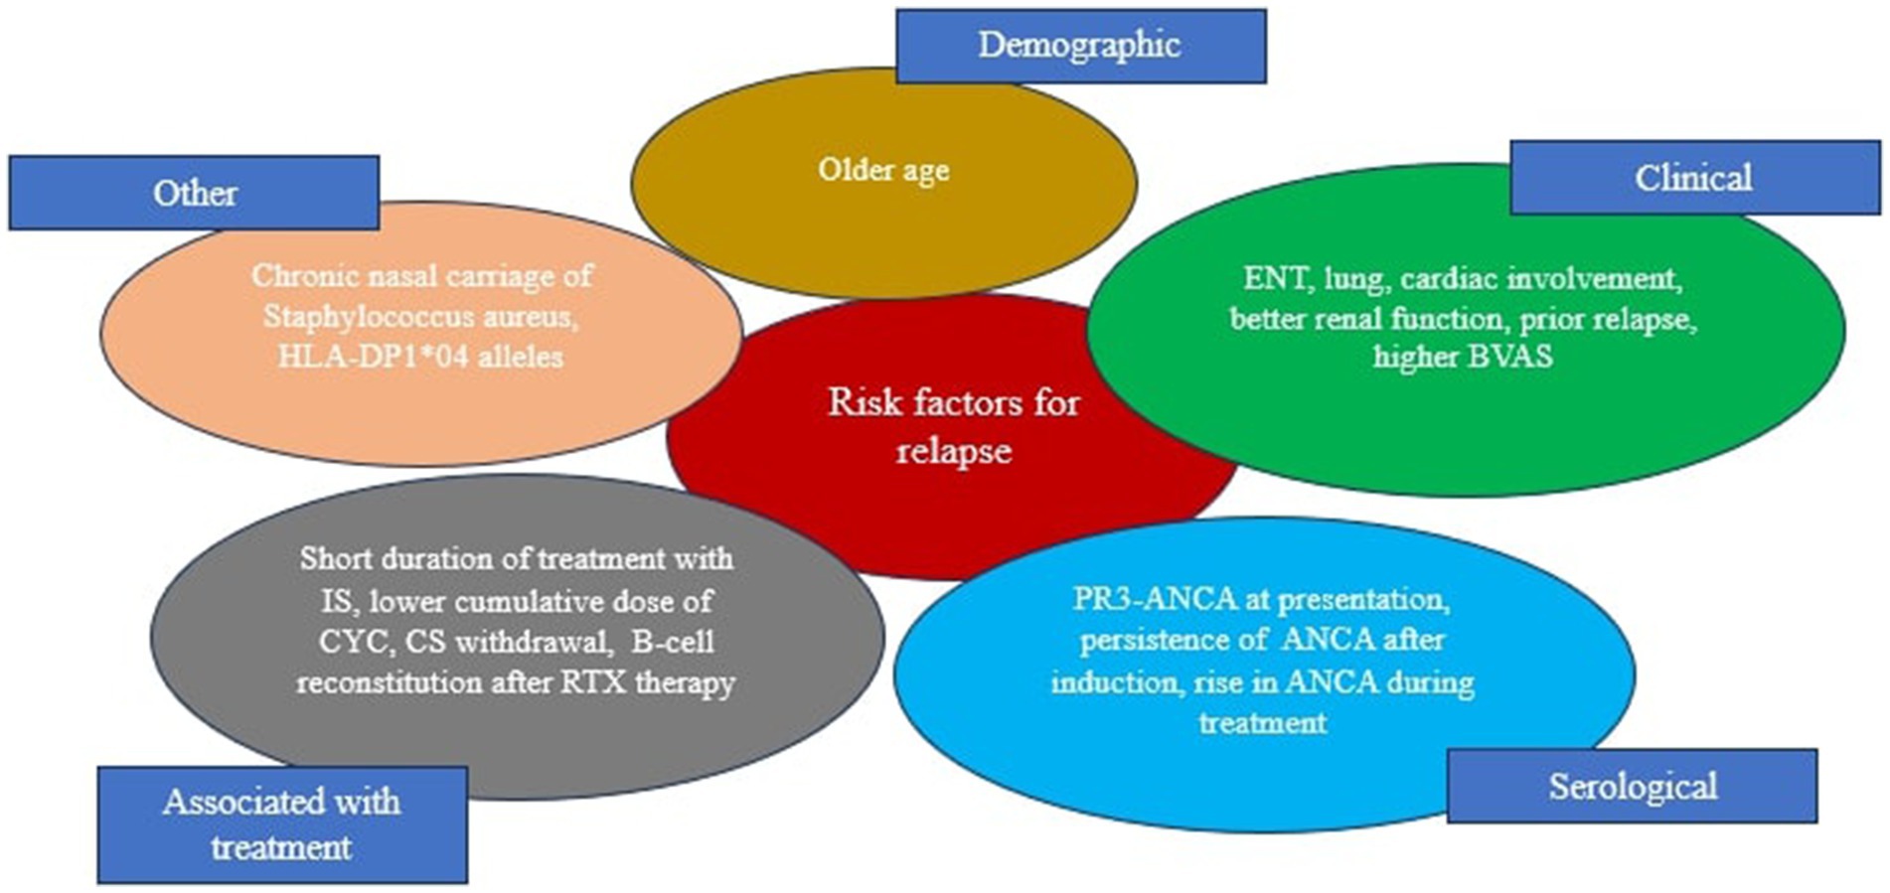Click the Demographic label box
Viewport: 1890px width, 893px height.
(1081, 46)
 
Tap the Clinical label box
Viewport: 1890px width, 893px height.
(1695, 178)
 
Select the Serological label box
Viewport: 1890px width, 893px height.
(1632, 786)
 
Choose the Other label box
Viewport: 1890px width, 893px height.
(194, 193)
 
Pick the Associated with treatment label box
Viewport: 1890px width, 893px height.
(282, 824)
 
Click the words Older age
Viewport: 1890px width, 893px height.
(883, 170)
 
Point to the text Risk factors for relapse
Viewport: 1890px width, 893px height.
(954, 426)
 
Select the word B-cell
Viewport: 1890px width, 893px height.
(673, 641)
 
